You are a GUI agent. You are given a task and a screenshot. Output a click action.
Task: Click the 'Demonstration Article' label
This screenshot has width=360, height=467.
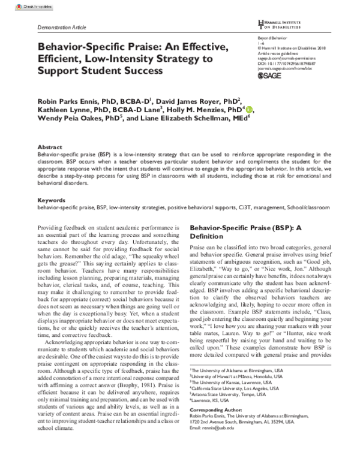(x=62, y=28)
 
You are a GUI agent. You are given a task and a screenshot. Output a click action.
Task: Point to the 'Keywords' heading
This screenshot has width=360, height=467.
(x=51, y=199)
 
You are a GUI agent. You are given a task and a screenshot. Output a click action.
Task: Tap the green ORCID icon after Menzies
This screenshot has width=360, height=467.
(x=249, y=109)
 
